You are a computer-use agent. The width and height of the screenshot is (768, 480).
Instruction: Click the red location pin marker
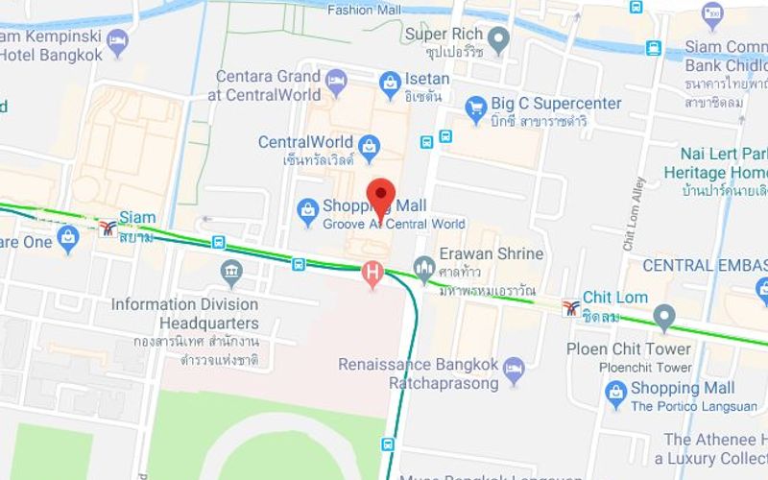[381, 196]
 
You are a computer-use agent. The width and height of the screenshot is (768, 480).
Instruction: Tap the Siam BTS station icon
[108, 228]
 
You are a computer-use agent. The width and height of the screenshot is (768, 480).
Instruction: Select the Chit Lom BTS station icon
[571, 307]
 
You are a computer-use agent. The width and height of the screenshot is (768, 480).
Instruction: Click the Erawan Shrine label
[491, 254]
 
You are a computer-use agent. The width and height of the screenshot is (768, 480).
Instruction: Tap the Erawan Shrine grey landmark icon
[424, 265]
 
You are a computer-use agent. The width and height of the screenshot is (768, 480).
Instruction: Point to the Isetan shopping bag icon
[390, 84]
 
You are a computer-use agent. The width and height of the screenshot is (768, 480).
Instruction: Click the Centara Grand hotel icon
[336, 83]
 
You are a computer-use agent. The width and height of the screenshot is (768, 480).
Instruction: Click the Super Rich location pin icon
[497, 39]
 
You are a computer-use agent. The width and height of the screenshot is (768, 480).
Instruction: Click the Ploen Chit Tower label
[628, 349]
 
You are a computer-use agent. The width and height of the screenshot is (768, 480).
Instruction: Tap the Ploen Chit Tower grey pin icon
[663, 316]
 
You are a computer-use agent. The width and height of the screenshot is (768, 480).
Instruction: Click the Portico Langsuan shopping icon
[616, 392]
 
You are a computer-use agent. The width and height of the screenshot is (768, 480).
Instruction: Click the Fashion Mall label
[364, 10]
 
